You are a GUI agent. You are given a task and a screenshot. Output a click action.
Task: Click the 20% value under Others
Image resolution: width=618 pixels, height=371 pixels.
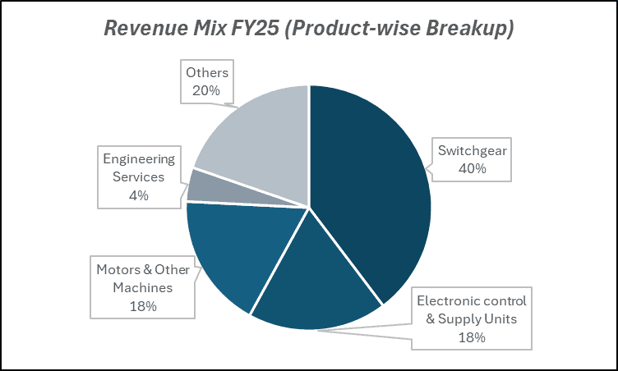point(205,90)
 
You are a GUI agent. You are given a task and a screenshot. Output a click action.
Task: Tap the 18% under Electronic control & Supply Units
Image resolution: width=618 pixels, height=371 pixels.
point(472,337)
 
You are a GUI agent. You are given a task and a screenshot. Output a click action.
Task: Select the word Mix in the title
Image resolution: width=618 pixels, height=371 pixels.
point(201,28)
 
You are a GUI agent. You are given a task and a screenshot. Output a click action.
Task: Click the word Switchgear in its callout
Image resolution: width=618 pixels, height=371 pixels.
point(473,150)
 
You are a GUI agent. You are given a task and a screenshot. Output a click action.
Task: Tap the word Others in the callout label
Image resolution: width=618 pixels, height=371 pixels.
point(206,73)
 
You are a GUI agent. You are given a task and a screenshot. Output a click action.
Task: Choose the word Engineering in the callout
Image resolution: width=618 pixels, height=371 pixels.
point(138,158)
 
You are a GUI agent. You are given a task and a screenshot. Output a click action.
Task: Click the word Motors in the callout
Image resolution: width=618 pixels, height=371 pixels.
point(118,270)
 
